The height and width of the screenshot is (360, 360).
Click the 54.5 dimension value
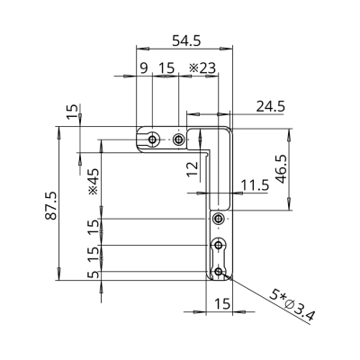click(186, 40)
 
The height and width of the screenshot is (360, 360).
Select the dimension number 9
click(144, 68)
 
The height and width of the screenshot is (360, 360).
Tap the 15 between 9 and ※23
click(166, 68)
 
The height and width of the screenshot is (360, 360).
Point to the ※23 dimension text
click(202, 68)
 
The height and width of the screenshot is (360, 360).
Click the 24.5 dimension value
click(271, 106)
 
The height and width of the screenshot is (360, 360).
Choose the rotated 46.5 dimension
click(282, 169)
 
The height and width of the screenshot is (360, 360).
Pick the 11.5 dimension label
click(256, 185)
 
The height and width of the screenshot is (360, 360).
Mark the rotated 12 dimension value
click(193, 168)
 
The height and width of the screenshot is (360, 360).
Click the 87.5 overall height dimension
click(51, 205)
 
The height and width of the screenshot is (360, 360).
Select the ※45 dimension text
click(94, 182)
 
